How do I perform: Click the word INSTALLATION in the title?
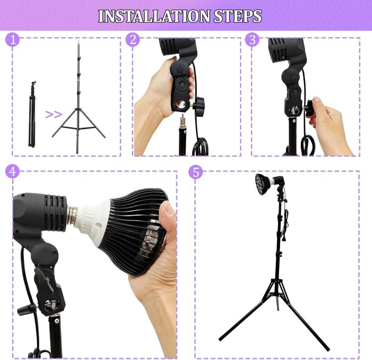tap(154, 16)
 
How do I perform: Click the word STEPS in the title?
tap(238, 16)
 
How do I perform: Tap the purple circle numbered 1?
tap(12, 39)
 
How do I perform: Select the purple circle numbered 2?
tap(133, 39)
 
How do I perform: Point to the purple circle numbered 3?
tap(252, 39)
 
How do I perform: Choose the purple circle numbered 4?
tap(12, 171)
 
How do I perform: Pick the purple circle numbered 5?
tap(196, 172)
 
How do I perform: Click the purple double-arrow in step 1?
tap(54, 115)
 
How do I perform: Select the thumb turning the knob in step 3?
tap(317, 100)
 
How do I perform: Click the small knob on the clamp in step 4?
tap(24, 310)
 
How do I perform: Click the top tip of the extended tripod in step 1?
tap(78, 42)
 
